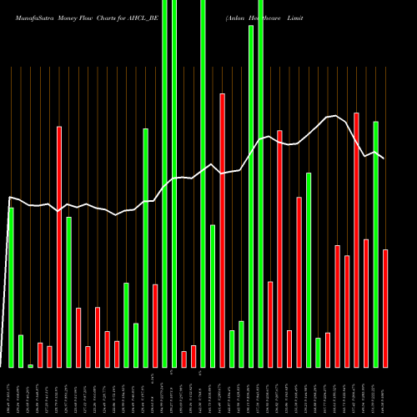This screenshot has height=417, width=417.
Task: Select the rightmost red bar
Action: click(x=385, y=309)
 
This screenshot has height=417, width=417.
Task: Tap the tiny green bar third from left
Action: click(x=30, y=365)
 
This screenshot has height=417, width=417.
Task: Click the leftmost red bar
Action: click(x=40, y=355)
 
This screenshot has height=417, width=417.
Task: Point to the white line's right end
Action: click(x=384, y=158)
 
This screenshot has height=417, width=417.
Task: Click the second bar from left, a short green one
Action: click(x=21, y=351)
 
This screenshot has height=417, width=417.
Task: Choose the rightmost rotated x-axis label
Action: click(x=385, y=392)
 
